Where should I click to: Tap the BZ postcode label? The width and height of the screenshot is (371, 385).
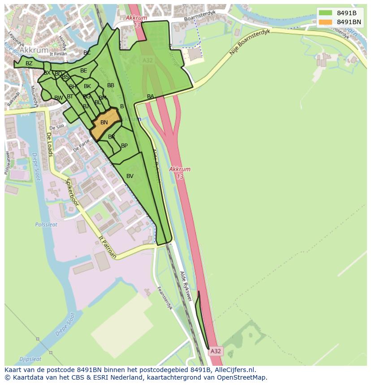tap(29, 63)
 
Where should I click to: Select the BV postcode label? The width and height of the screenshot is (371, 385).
tap(130, 176)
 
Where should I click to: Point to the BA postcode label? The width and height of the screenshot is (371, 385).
tap(151, 97)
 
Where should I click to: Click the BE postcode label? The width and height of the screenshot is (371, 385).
tap(84, 71)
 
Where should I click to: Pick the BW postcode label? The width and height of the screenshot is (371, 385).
tap(58, 98)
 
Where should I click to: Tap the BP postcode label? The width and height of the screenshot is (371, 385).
tap(124, 146)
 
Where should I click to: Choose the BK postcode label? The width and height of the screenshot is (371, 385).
tap(87, 86)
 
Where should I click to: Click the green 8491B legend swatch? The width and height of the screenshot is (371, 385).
tap(326, 13)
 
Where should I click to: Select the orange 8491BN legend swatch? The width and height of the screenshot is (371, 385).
tap(326, 22)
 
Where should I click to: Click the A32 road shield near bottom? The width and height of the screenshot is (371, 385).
tap(216, 351)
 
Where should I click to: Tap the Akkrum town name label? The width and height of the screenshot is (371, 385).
tap(34, 51)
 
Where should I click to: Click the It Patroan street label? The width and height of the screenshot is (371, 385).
tap(108, 248)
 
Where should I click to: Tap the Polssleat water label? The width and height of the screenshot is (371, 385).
tap(46, 224)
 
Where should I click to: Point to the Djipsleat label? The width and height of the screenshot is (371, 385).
tap(30, 359)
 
